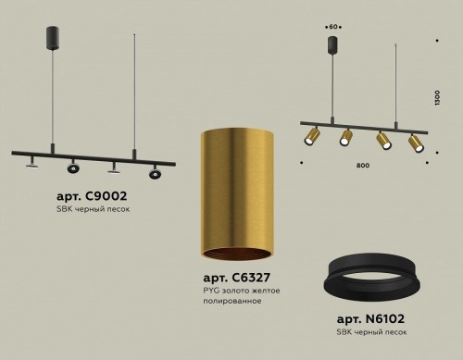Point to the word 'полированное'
point(232,302)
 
